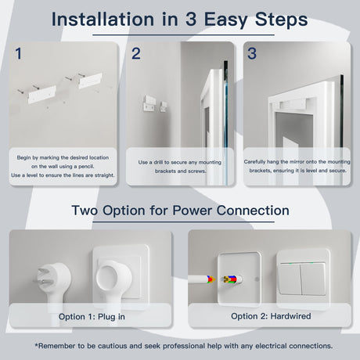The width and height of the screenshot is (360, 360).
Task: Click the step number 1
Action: tap(18, 53)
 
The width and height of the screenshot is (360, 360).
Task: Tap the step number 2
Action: tap(136, 53)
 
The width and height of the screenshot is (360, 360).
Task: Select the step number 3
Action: tap(252, 53)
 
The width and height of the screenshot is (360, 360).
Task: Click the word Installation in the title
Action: tap(103, 20)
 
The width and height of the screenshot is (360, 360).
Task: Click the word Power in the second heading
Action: tap(192, 211)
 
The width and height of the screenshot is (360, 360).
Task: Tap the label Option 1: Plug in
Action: tap(92, 317)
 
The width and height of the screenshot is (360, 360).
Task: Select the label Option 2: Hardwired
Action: tap(271, 316)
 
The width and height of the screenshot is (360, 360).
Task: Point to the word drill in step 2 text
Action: tap(158, 162)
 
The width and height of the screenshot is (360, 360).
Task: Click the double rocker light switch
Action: tap(303, 279)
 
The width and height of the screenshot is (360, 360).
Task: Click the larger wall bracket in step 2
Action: tap(149, 103)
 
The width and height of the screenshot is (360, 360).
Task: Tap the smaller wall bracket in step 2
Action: tap(164, 106)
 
